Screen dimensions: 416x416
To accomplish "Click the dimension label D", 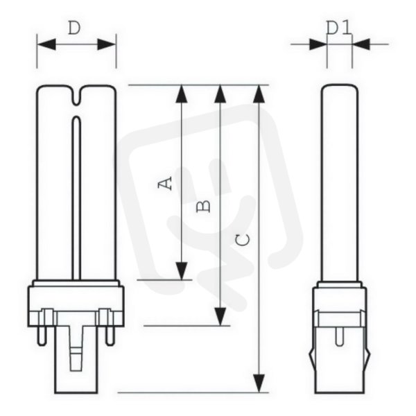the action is coord(74,28).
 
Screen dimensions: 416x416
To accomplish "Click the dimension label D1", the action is coord(339,28).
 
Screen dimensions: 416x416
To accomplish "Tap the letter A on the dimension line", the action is coord(164,184).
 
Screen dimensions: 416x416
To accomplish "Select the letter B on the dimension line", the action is coord(204,207).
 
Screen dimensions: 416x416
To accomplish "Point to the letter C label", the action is coord(243,240).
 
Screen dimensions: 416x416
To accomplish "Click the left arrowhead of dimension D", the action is coord(46,44).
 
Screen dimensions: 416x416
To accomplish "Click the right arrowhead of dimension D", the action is coord(107,44).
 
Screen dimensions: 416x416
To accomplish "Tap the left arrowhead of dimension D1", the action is coord(318,44).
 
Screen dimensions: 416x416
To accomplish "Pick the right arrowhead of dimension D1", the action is coord(361,44).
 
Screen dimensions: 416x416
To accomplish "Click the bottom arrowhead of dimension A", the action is coord(182,271).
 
